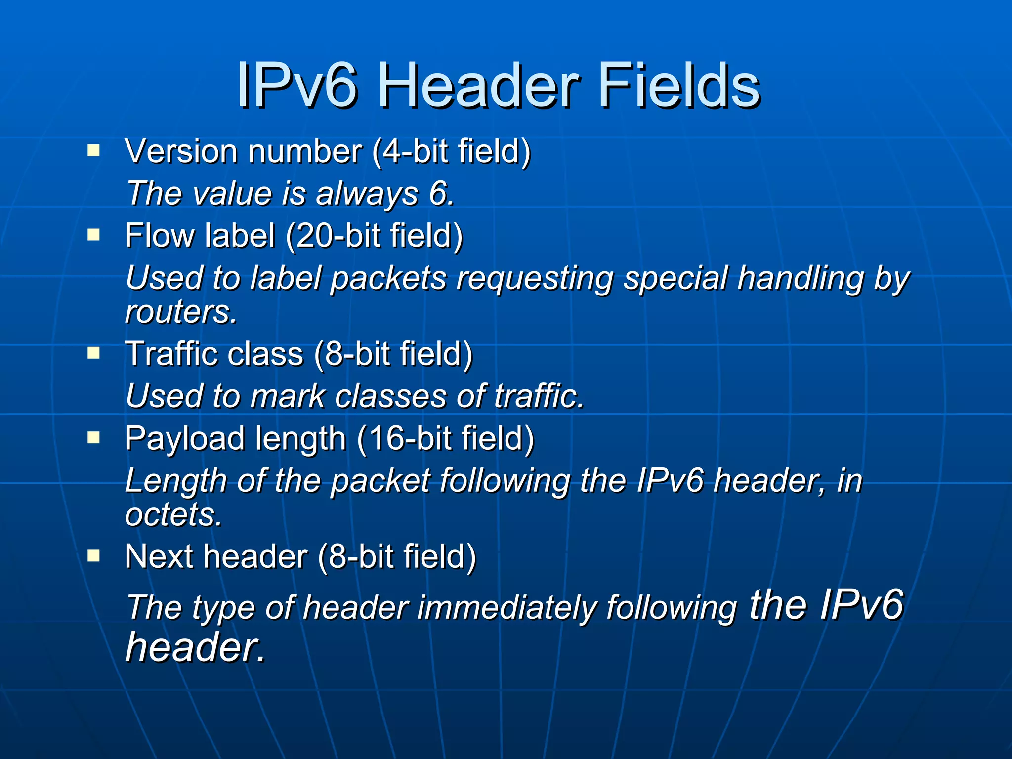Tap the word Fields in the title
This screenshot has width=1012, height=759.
pyautogui.click(x=679, y=86)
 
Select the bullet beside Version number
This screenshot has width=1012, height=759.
pyautogui.click(x=93, y=150)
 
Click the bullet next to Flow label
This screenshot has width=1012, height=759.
pyautogui.click(x=93, y=234)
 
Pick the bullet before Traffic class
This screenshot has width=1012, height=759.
pyautogui.click(x=93, y=353)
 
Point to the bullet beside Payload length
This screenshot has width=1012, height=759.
pyautogui.click(x=93, y=437)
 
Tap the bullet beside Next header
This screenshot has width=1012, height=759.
pyautogui.click(x=93, y=556)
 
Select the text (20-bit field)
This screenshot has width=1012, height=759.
pyautogui.click(x=374, y=236)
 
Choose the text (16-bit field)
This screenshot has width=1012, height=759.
pyautogui.click(x=445, y=439)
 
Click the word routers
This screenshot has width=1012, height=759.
pyautogui.click(x=181, y=312)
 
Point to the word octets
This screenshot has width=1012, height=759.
pyautogui.click(x=173, y=515)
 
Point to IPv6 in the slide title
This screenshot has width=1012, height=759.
pyautogui.click(x=297, y=86)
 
